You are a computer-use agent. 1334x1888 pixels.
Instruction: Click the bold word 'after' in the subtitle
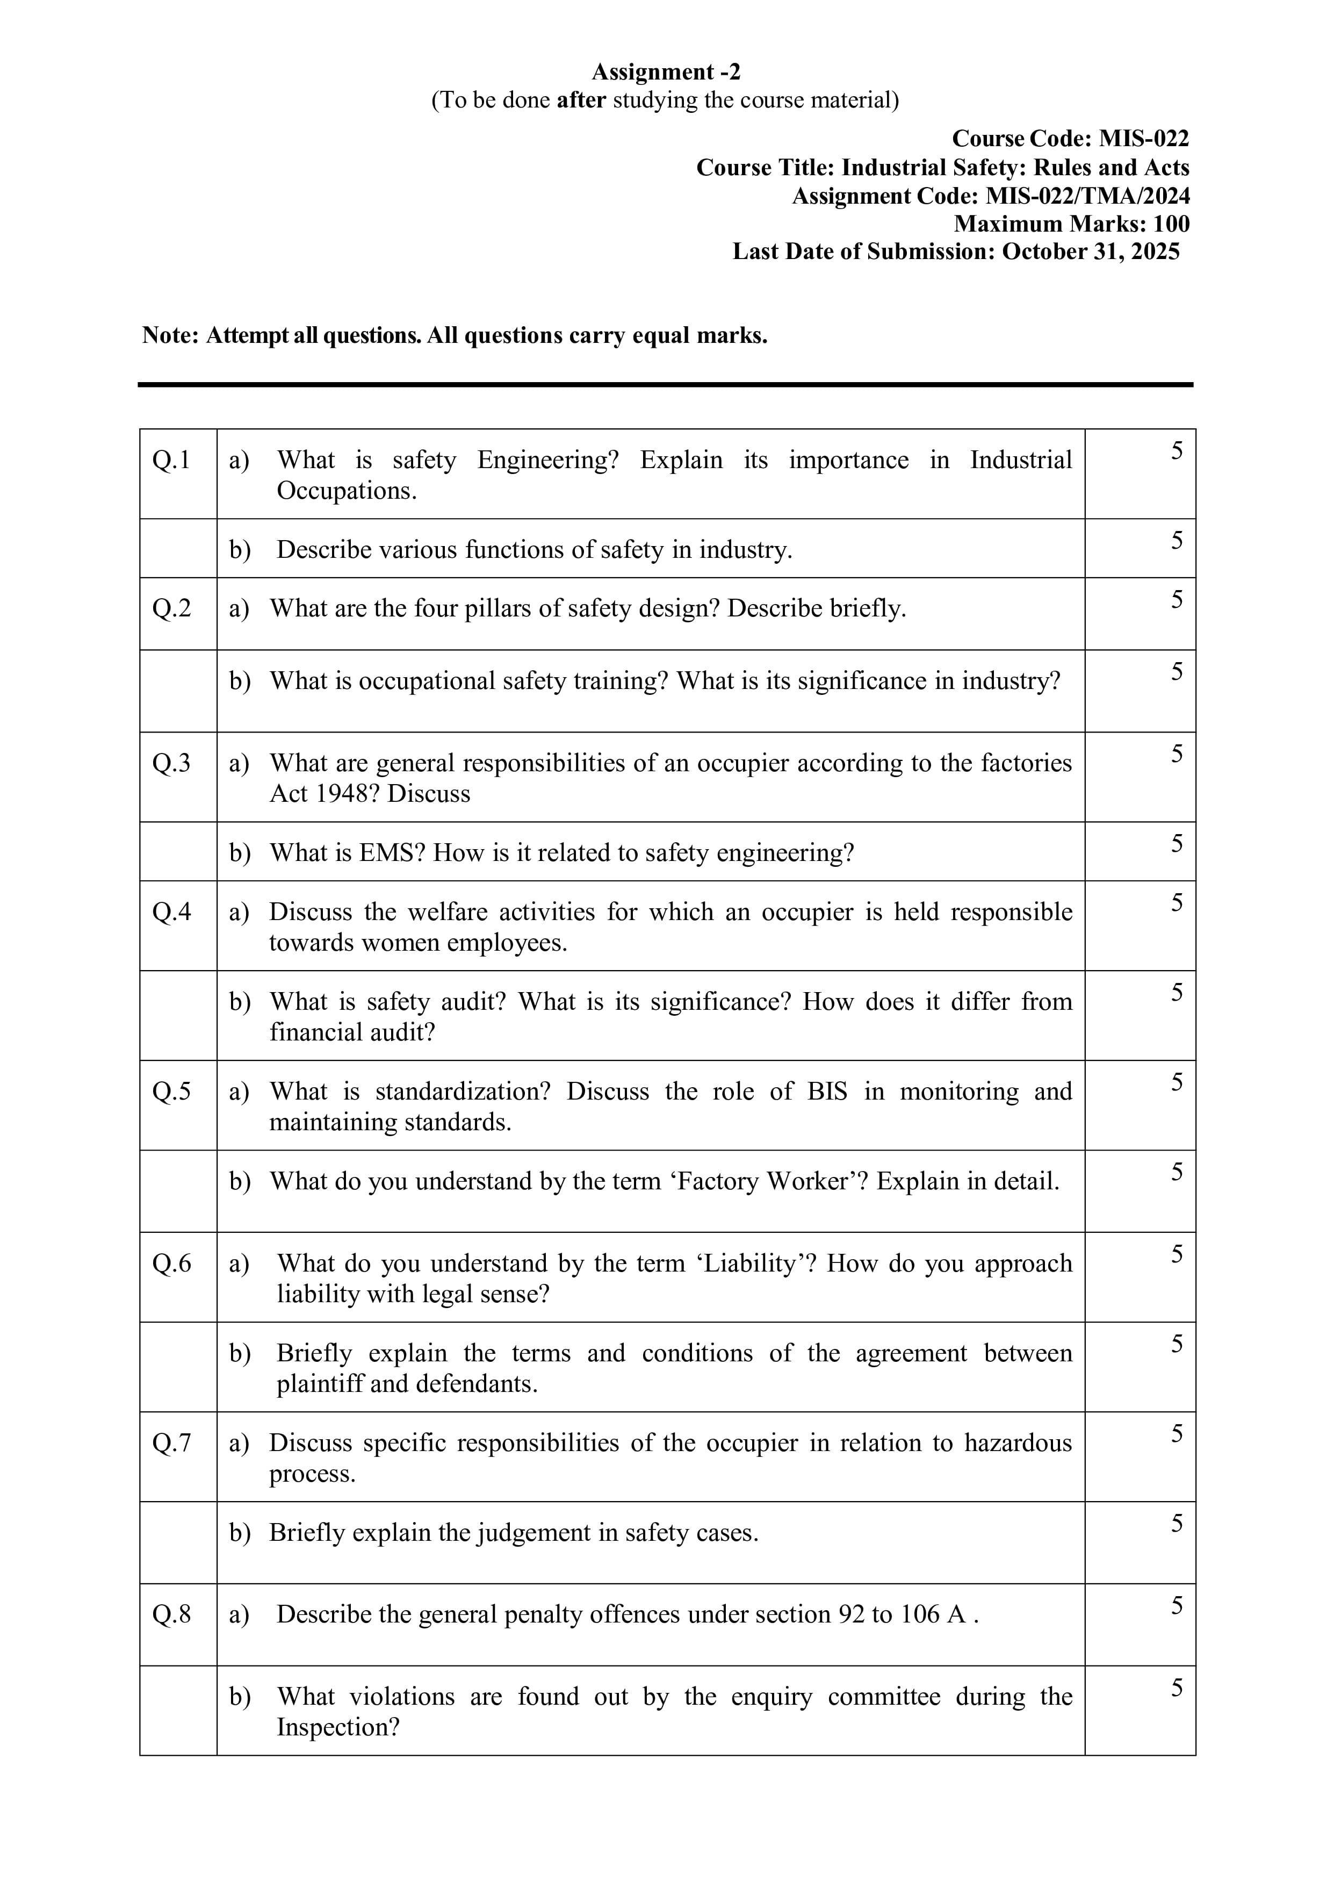point(581,100)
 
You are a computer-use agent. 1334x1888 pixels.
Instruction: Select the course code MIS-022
point(1144,138)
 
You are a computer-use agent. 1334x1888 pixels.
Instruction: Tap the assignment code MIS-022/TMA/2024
point(1087,196)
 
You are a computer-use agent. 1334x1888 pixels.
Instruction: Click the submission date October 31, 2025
point(1091,252)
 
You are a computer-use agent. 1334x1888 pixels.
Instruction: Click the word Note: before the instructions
point(170,335)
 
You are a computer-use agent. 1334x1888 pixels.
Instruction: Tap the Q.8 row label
point(171,1614)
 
